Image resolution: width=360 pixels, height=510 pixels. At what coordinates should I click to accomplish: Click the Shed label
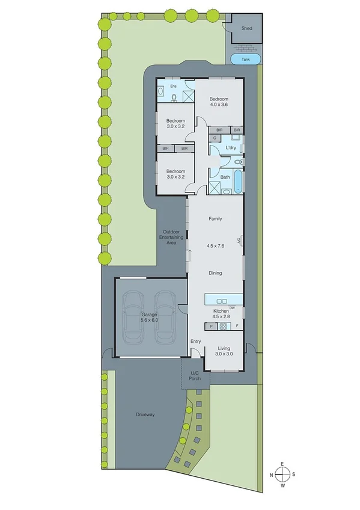coord(246,28)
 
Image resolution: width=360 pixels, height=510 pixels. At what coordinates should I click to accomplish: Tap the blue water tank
coord(246,59)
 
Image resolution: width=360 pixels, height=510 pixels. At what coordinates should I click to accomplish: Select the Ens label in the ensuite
coord(174,86)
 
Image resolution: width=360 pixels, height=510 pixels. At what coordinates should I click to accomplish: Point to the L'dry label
coord(230,148)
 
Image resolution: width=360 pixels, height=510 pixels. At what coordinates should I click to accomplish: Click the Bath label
coord(225,177)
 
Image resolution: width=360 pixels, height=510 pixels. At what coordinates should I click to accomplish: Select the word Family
coord(215,219)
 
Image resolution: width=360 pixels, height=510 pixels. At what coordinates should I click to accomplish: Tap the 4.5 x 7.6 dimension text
coord(215,245)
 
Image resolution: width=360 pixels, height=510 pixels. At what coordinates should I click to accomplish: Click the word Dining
coord(215,273)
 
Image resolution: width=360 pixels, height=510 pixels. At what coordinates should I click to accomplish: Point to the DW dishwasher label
coord(231,308)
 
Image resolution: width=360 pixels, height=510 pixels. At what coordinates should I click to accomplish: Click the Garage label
coord(149,315)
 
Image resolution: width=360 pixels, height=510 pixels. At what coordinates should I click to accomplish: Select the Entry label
coord(195,342)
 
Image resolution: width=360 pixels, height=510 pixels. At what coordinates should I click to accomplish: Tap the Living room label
coord(224,348)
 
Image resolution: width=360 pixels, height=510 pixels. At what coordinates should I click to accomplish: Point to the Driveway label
coord(145,415)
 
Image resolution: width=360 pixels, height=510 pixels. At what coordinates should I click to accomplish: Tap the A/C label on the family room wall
coord(239,240)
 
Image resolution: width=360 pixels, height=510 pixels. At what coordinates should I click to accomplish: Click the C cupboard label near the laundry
coord(214,138)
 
